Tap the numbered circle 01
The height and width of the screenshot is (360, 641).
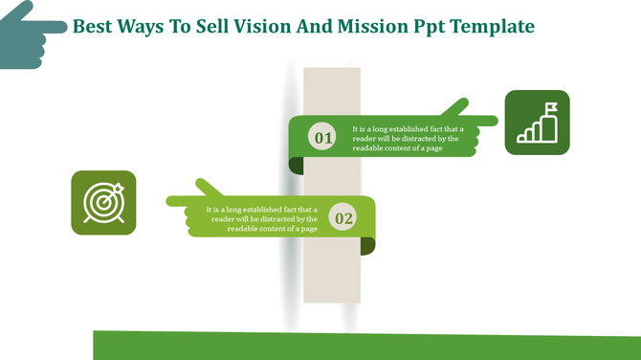pyautogui.click(x=324, y=139)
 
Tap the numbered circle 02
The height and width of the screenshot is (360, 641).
pyautogui.click(x=343, y=218)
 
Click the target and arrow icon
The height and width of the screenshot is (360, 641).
pyautogui.click(x=103, y=203)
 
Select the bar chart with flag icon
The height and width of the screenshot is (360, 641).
pyautogui.click(x=537, y=123)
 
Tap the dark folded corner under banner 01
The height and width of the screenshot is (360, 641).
pyautogui.click(x=297, y=167)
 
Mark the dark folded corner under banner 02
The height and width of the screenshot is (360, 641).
pyautogui.click(x=368, y=247)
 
